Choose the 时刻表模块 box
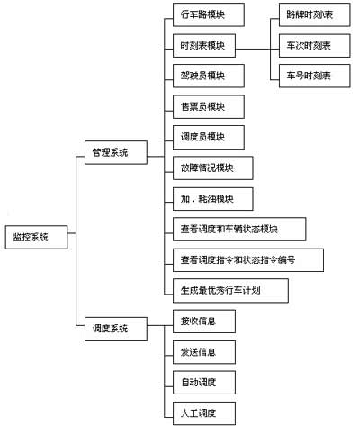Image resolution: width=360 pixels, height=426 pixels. coord(203,46)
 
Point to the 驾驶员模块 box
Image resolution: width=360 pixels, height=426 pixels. coord(203,76)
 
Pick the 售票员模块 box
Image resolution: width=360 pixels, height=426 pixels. coord(203,106)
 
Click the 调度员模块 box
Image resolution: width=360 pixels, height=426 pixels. coord(203,137)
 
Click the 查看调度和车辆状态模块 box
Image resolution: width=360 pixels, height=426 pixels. coord(238,229)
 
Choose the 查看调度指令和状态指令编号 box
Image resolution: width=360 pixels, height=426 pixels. coord(247,259)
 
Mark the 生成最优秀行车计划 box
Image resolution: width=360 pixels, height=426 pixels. coord(229,290)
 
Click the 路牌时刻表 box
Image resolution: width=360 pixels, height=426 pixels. coord(314,15)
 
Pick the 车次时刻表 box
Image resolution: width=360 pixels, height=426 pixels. coord(314,45)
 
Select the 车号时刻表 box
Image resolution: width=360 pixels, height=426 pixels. coord(314,76)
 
